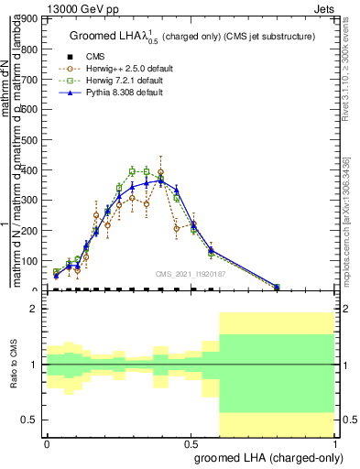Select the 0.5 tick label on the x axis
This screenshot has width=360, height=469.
pos(191,442)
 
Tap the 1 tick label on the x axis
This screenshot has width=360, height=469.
pos(335,442)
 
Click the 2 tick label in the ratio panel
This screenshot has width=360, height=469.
pos(34,310)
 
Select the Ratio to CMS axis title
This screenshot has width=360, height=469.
pos(14,365)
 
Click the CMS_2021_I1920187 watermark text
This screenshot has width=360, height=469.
pos(190,275)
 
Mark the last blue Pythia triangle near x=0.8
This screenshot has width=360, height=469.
pos(278,287)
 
